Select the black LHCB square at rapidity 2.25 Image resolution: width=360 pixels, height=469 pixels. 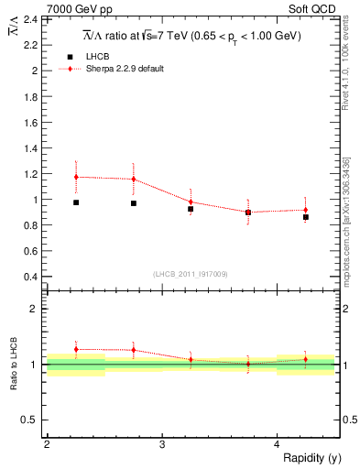(76, 202)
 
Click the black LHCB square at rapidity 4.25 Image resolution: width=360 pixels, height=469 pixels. (306, 217)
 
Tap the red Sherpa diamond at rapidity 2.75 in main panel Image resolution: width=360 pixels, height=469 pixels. (134, 180)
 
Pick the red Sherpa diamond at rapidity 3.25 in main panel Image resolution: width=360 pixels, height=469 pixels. (191, 202)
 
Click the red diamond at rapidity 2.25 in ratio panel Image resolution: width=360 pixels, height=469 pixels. (76, 349)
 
